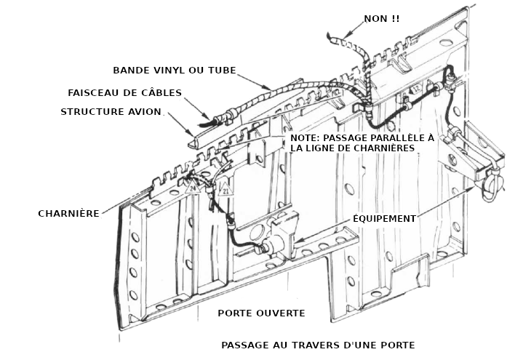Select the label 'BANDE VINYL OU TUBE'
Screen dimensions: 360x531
tap(175, 71)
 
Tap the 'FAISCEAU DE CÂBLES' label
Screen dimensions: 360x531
tap(124, 92)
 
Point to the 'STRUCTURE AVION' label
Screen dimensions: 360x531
tap(111, 111)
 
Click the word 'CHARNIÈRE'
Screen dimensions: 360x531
tap(68, 214)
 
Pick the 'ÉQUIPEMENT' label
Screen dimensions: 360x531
tap(384, 218)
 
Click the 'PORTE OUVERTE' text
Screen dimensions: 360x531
tap(261, 313)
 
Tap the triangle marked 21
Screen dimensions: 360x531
tap(224, 191)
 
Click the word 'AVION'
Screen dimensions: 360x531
tap(143, 111)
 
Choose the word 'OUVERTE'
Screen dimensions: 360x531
tap(279, 313)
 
